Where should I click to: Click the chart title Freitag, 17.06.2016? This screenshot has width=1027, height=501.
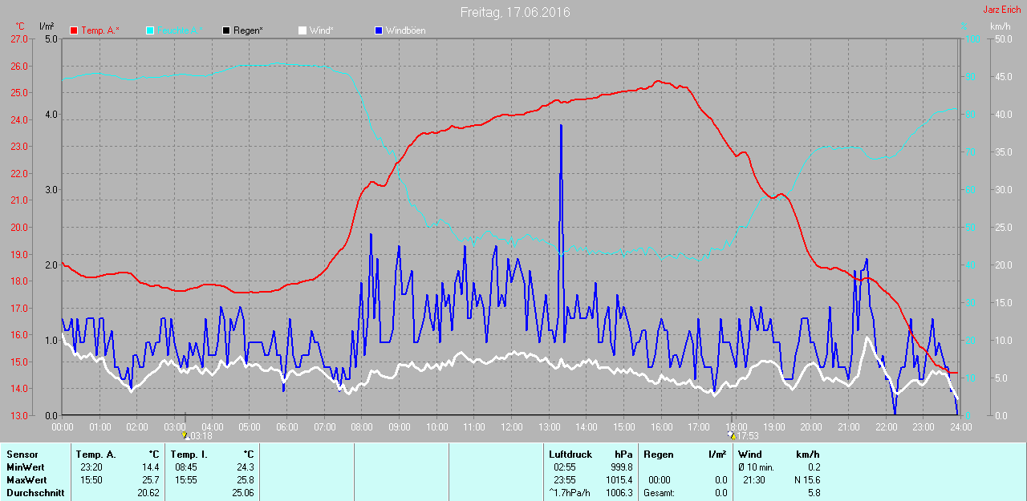[x=515, y=12]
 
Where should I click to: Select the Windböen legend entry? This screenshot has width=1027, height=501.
[x=405, y=30]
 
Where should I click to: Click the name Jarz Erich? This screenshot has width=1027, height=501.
[x=1002, y=10]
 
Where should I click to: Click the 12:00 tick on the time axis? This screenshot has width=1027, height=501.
[x=512, y=426]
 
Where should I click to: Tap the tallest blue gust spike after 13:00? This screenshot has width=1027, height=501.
[x=562, y=126]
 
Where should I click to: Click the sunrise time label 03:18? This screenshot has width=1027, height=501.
[x=201, y=436]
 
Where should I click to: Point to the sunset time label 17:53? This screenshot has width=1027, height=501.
[x=748, y=436]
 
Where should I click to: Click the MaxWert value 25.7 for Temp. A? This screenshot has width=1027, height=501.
[x=150, y=479]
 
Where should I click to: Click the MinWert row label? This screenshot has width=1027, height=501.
[x=24, y=467]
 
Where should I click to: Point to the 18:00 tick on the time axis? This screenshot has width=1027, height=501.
[x=737, y=426]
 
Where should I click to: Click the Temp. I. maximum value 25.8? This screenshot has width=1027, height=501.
[x=244, y=479]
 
